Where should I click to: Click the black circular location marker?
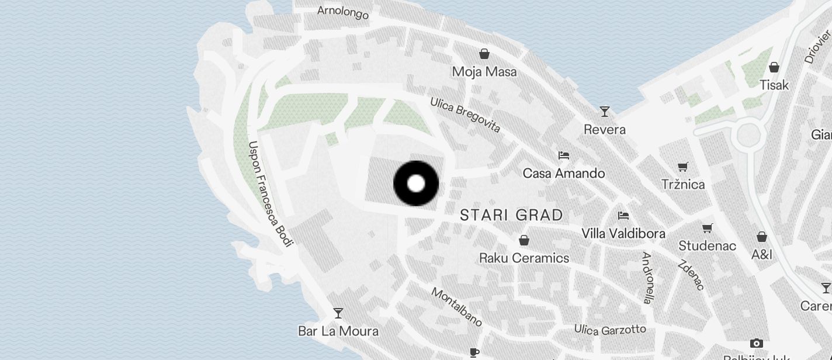tap(416, 184)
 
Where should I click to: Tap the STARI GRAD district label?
tap(511, 215)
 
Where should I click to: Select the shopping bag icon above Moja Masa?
tap(484, 54)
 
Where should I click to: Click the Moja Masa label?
tap(484, 72)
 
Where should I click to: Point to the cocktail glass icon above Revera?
tap(605, 111)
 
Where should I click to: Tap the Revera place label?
tap(605, 129)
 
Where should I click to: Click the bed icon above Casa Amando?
tap(564, 155)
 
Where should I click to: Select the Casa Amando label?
tap(564, 174)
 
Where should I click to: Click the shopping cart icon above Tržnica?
tap(682, 167)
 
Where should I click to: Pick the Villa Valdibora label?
tap(623, 234)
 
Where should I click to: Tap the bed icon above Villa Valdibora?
tap(623, 216)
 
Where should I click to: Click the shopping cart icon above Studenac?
tap(708, 228)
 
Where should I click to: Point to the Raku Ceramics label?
tap(524, 258)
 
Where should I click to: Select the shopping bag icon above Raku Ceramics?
tap(524, 240)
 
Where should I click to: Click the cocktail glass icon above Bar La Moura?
tap(338, 313)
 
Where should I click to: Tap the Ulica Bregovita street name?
tap(465, 115)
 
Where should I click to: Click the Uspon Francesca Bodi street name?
tap(269, 193)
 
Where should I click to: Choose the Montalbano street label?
tap(457, 307)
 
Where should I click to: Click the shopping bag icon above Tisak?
tap(774, 67)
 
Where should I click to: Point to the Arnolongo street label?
tap(343, 12)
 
